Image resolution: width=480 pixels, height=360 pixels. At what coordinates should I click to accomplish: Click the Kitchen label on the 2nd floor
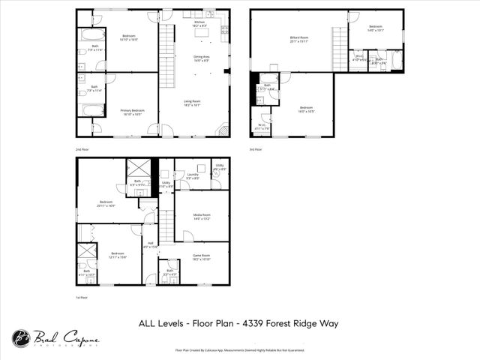pyautogui.click(x=199, y=24)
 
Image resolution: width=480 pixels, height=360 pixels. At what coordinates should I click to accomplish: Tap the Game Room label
pyautogui.click(x=202, y=256)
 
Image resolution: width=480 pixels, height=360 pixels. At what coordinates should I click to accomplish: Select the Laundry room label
pyautogui.click(x=192, y=176)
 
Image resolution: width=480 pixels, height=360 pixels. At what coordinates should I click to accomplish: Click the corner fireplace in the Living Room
pyautogui.click(x=222, y=130)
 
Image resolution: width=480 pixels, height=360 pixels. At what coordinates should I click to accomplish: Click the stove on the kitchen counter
pyautogui.click(x=225, y=30)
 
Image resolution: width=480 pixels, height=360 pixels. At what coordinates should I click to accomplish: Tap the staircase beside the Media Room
pyautogui.click(x=166, y=224)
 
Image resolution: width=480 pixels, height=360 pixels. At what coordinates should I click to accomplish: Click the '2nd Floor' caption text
pyautogui.click(x=83, y=149)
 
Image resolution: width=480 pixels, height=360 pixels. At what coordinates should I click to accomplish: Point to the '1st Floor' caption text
pyautogui.click(x=82, y=298)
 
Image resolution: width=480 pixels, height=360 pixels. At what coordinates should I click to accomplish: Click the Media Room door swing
pyautogui.click(x=187, y=236)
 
